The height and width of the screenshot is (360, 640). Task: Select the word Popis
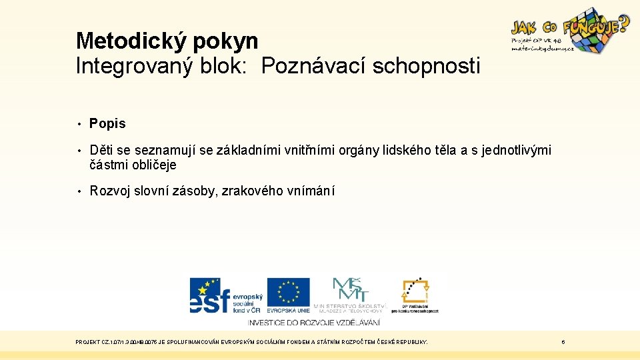pyautogui.click(x=107, y=123)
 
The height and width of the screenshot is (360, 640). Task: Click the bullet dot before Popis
pyautogui.click(x=79, y=123)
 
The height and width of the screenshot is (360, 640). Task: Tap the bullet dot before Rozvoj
pyautogui.click(x=79, y=191)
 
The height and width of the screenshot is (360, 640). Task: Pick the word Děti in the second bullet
pyautogui.click(x=101, y=151)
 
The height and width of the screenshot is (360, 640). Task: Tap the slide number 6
pyautogui.click(x=563, y=342)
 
